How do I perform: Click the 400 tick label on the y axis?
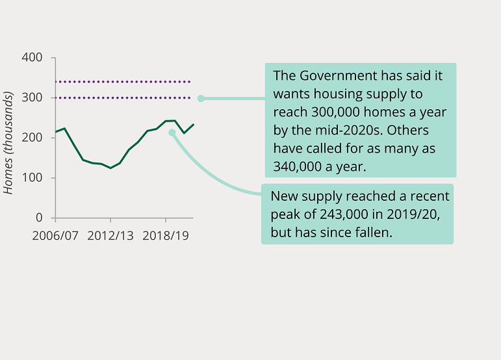32,58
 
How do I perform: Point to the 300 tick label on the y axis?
32,98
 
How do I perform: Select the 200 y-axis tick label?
32,138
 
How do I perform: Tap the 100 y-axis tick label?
32,178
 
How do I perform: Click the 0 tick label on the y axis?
38,218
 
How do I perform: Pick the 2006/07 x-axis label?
55,236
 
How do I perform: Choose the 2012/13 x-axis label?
110,236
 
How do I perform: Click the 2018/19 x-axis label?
166,236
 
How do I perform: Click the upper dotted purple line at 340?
123,82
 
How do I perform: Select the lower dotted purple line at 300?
123,98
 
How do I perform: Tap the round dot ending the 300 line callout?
201,99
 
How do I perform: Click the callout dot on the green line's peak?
172,133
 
